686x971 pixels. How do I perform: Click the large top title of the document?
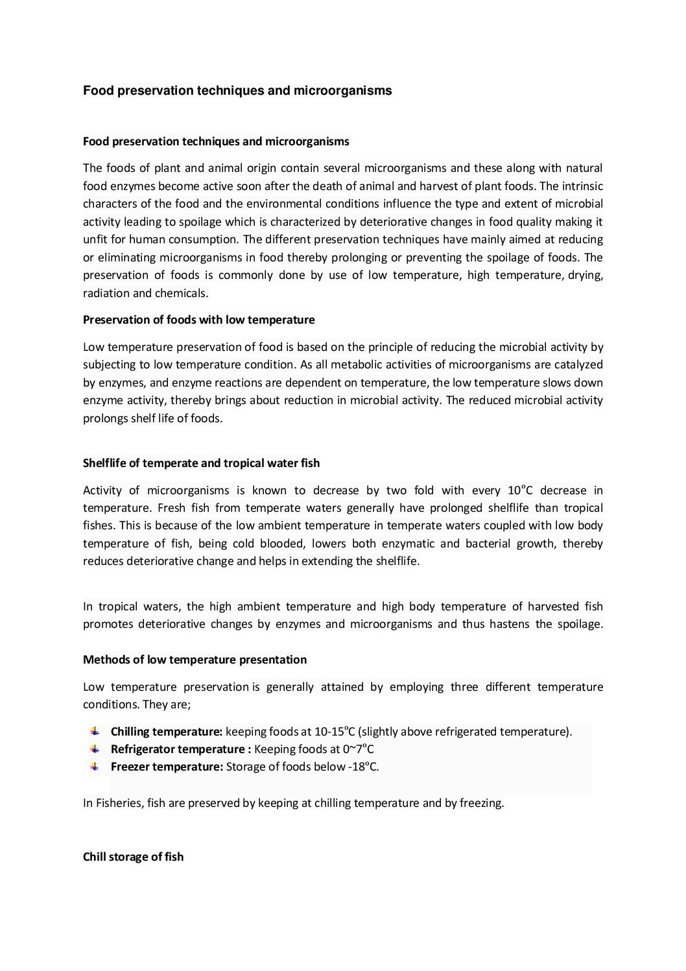pyautogui.click(x=237, y=91)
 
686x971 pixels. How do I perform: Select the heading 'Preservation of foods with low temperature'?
pyautogui.click(x=199, y=320)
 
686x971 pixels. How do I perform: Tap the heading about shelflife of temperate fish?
pyautogui.click(x=201, y=463)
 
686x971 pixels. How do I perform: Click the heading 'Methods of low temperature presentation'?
pyautogui.click(x=195, y=660)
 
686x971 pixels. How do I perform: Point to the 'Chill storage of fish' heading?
pyautogui.click(x=133, y=857)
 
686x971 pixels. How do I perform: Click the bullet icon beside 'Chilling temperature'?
pyautogui.click(x=95, y=732)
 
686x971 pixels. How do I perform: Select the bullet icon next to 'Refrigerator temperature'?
pyautogui.click(x=95, y=749)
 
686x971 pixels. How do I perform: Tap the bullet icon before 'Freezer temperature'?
pyautogui.click(x=95, y=767)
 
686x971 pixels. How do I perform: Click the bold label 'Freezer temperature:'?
pyautogui.click(x=167, y=767)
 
